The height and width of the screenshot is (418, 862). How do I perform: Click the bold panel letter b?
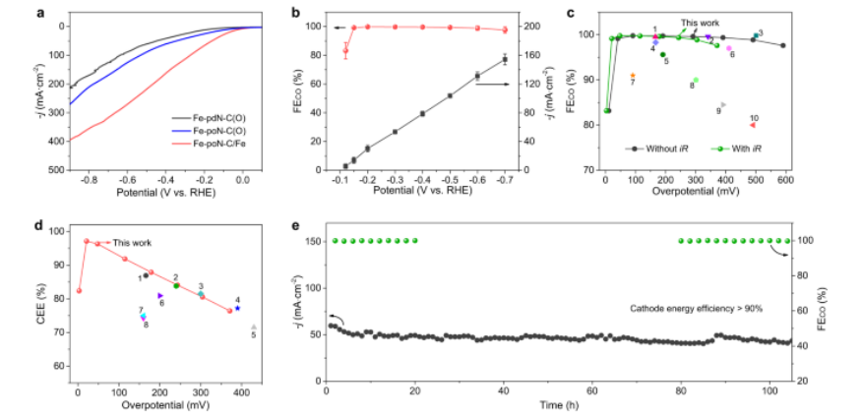(312, 12)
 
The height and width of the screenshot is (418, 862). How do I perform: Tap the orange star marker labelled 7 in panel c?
(633, 76)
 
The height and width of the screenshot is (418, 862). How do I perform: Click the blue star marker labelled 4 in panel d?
(237, 309)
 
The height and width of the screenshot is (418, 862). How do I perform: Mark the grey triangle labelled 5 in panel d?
(254, 327)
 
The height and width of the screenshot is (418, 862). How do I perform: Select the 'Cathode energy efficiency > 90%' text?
(697, 308)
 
